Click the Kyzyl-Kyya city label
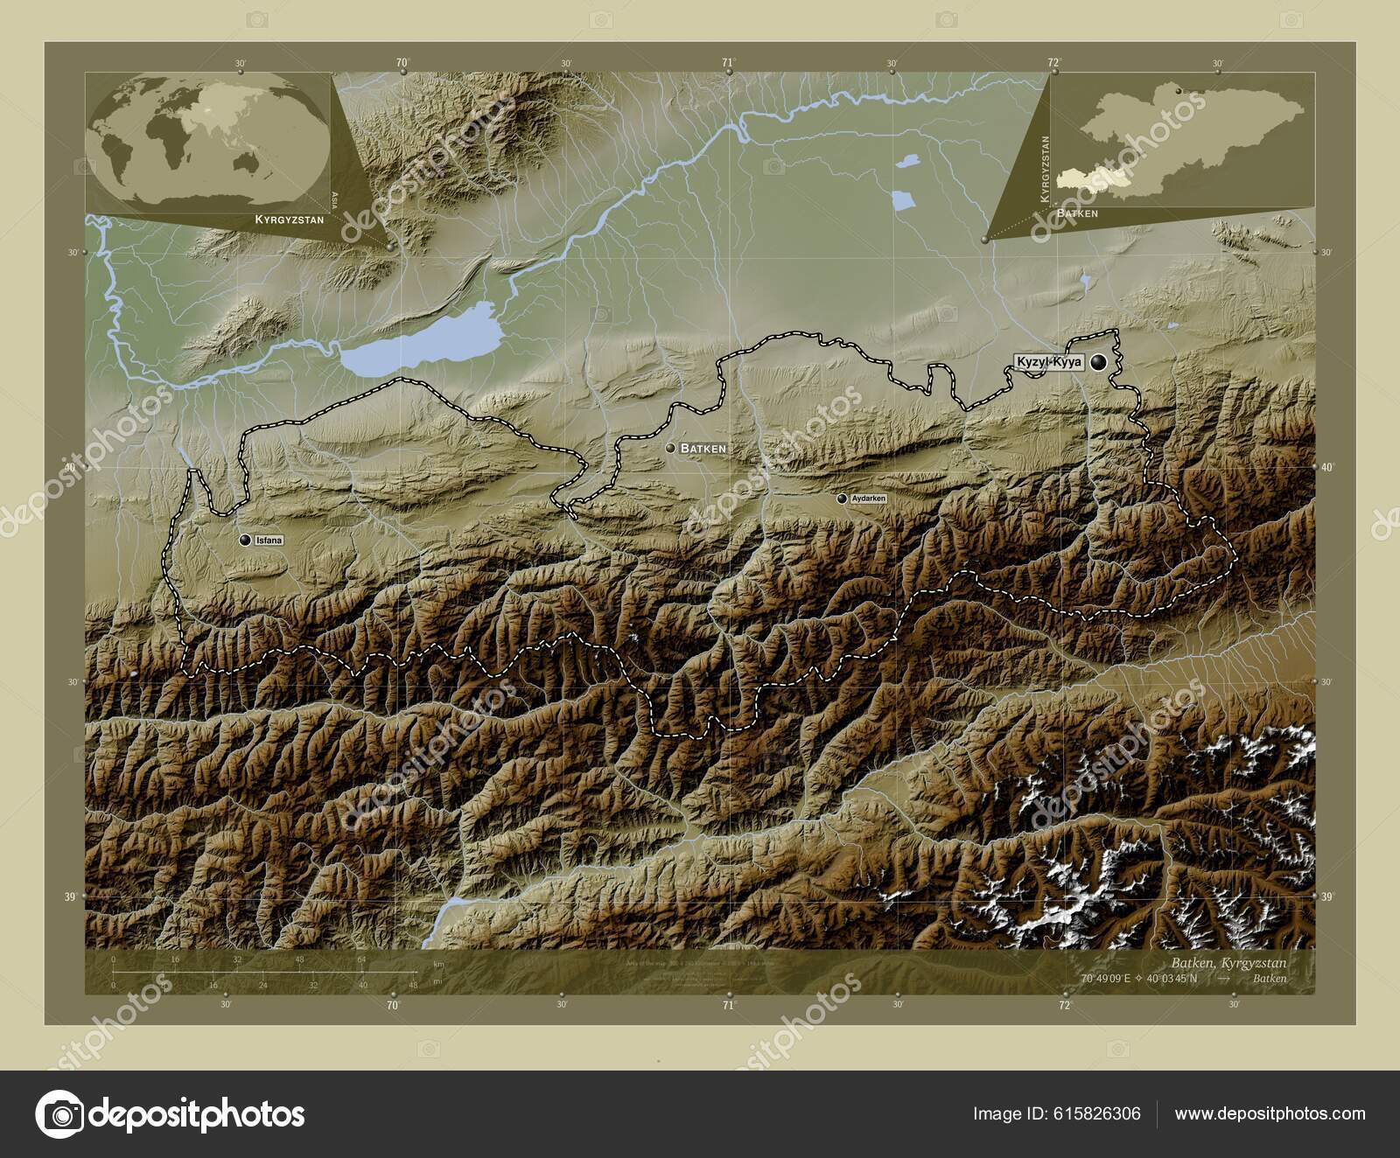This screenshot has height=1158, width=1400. [x=1049, y=361]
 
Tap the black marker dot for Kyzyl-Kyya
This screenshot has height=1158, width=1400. [x=1098, y=361]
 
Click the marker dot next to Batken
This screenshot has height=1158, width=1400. [x=670, y=448]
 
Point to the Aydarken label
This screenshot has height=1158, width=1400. [x=868, y=499]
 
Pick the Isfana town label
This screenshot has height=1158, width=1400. [x=269, y=541]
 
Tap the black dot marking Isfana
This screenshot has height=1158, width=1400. [x=246, y=541]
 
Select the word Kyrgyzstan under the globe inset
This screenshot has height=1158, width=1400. [x=289, y=220]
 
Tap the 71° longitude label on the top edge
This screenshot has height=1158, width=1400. [x=727, y=62]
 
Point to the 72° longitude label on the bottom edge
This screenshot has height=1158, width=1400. [x=1064, y=1006]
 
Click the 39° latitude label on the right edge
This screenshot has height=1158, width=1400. [x=1327, y=896]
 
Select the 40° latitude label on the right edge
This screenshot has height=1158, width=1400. [x=1327, y=468]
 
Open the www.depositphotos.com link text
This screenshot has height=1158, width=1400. [x=1270, y=1113]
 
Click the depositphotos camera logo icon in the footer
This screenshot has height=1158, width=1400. [x=59, y=1114]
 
